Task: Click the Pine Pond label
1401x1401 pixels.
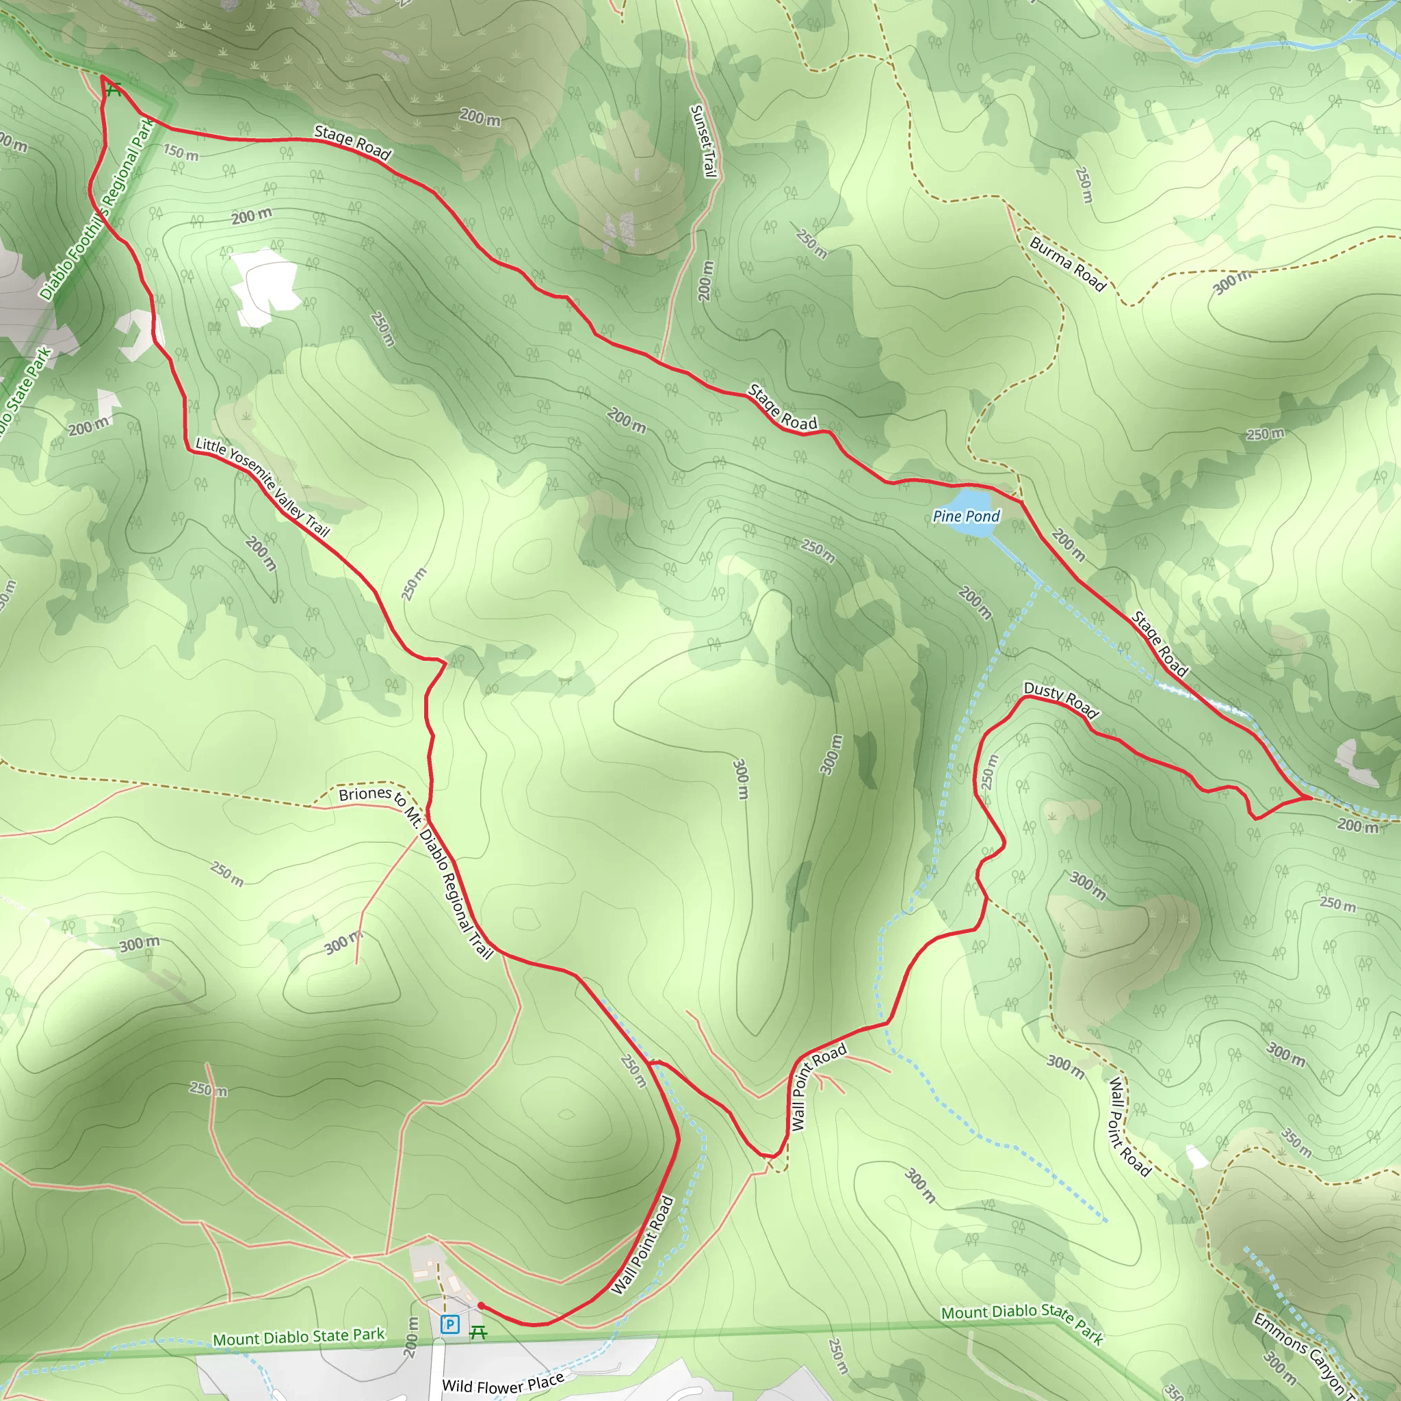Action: (x=965, y=516)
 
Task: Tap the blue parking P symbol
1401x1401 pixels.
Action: (x=449, y=1324)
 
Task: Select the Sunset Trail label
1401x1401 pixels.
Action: (x=703, y=141)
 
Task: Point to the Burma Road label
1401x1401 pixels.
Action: (x=1067, y=264)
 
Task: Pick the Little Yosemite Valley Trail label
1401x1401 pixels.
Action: (x=263, y=487)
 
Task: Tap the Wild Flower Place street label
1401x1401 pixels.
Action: (x=503, y=1382)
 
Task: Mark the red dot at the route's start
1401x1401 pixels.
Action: (x=481, y=1305)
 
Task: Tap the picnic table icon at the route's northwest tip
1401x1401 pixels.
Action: (x=113, y=90)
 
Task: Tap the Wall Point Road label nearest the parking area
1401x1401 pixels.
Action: (x=643, y=1245)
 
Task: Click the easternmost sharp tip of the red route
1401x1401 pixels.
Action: (x=1311, y=798)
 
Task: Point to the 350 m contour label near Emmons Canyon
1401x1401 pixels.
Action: (x=1296, y=1142)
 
